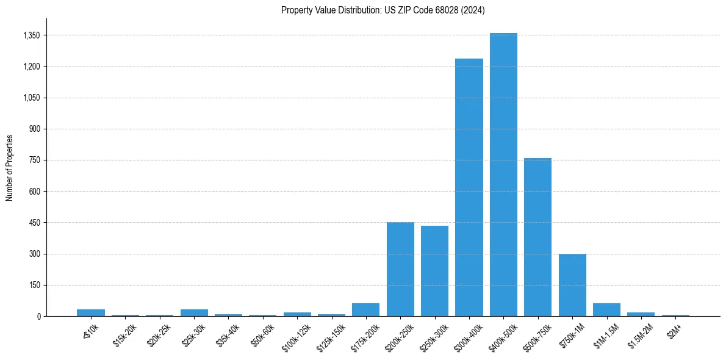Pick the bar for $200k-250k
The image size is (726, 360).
pos(400,269)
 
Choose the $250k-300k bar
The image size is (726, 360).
pos(434,271)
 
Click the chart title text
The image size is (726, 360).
pos(383,10)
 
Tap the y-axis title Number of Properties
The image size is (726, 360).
pos(10,167)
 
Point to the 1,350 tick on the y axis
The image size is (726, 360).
pos(31,35)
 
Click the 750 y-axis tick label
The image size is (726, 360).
pos(34,160)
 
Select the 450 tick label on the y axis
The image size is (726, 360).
pos(34,223)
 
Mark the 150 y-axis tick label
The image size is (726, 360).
pos(34,285)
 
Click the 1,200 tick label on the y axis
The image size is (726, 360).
pos(31,67)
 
